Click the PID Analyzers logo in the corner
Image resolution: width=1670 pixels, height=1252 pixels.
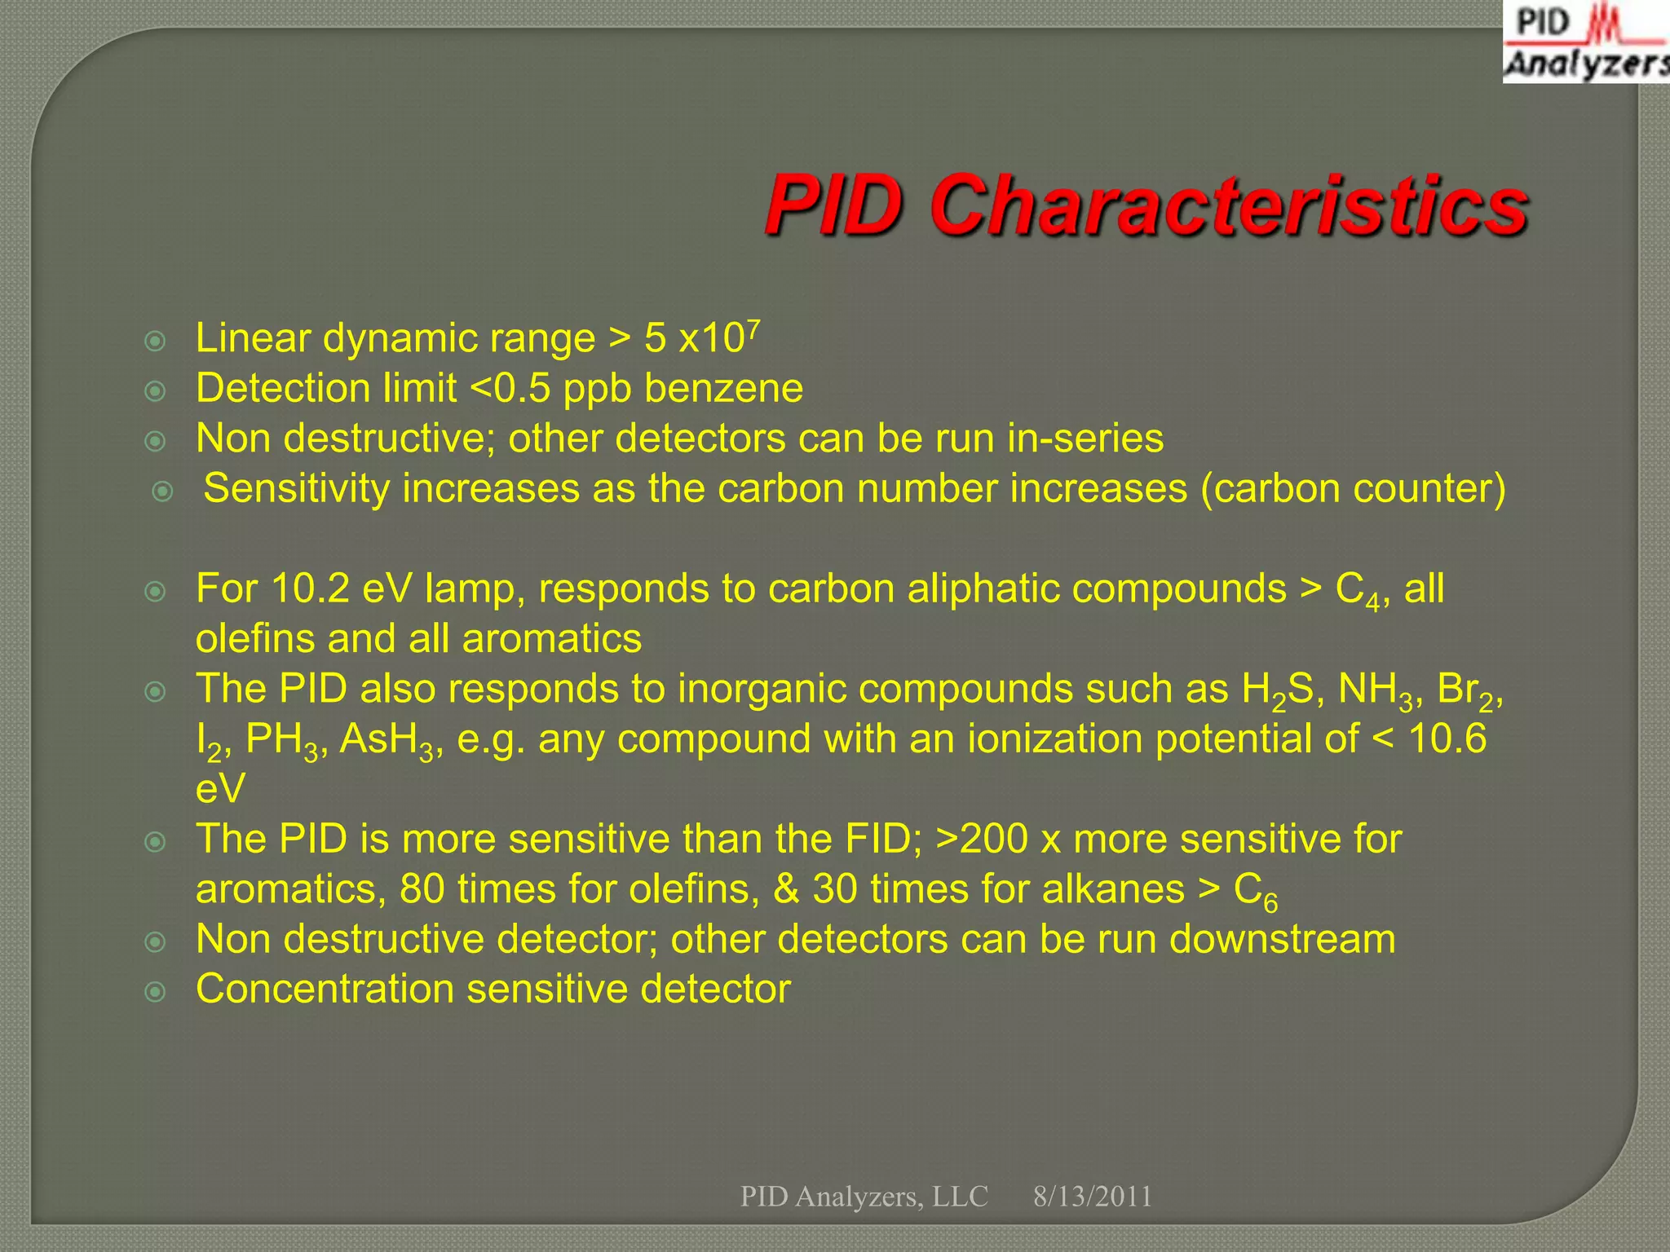click(x=1585, y=42)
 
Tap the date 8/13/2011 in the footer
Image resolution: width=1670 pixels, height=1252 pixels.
click(x=1092, y=1197)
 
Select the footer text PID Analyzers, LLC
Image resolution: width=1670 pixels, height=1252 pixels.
click(x=864, y=1197)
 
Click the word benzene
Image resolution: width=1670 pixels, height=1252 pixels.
click(x=723, y=388)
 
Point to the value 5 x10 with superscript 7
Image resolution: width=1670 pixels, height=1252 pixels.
click(x=701, y=337)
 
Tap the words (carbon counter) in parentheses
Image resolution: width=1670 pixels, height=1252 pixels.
click(x=1353, y=489)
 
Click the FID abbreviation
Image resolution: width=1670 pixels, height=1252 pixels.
click(x=873, y=840)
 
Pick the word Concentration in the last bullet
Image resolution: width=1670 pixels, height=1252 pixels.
click(x=325, y=990)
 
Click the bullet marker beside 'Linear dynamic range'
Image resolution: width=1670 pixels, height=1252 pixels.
click(x=155, y=341)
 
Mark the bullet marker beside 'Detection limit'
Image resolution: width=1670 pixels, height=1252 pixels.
click(x=155, y=391)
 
